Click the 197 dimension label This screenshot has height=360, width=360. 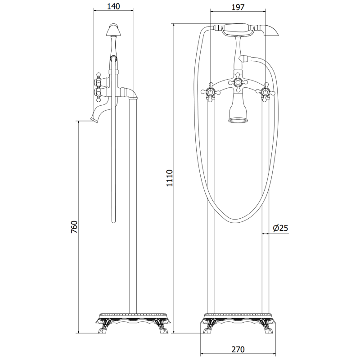point(238,6)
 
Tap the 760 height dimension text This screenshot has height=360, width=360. point(75,227)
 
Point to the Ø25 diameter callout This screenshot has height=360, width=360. point(280,229)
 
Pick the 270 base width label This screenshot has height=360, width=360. point(238,349)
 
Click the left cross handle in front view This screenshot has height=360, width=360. point(210,92)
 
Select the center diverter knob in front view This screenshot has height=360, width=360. point(238,82)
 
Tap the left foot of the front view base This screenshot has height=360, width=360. point(208,329)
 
